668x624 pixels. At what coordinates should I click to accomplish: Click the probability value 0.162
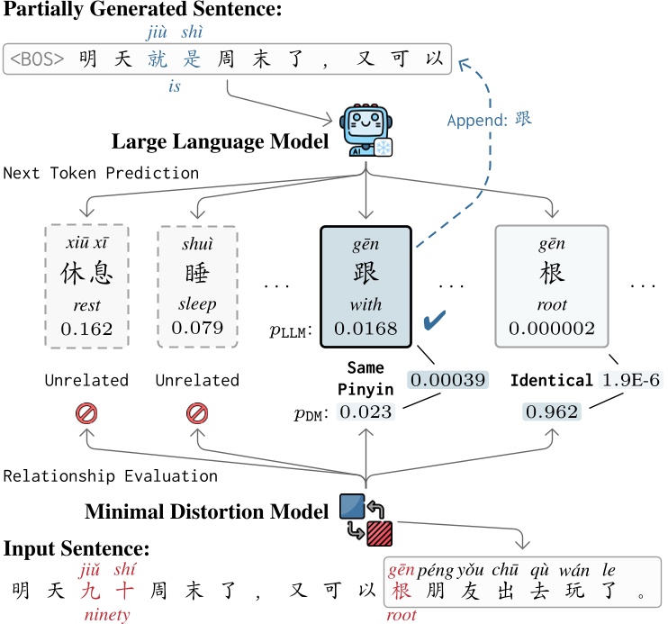click(x=86, y=328)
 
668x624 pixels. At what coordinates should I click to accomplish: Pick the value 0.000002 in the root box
click(x=552, y=328)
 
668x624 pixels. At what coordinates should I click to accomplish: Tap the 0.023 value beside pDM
click(x=367, y=411)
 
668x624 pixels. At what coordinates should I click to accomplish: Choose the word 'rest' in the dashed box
click(x=86, y=305)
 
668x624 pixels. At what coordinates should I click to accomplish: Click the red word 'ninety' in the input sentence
click(x=106, y=615)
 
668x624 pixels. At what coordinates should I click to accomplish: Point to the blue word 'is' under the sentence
click(x=176, y=86)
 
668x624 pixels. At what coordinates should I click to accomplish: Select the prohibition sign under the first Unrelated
click(x=87, y=414)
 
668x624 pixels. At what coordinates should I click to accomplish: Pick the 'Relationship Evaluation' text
click(x=109, y=475)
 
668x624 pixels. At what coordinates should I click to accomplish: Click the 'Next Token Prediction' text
click(x=100, y=172)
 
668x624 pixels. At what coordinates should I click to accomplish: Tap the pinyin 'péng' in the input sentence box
click(x=437, y=570)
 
